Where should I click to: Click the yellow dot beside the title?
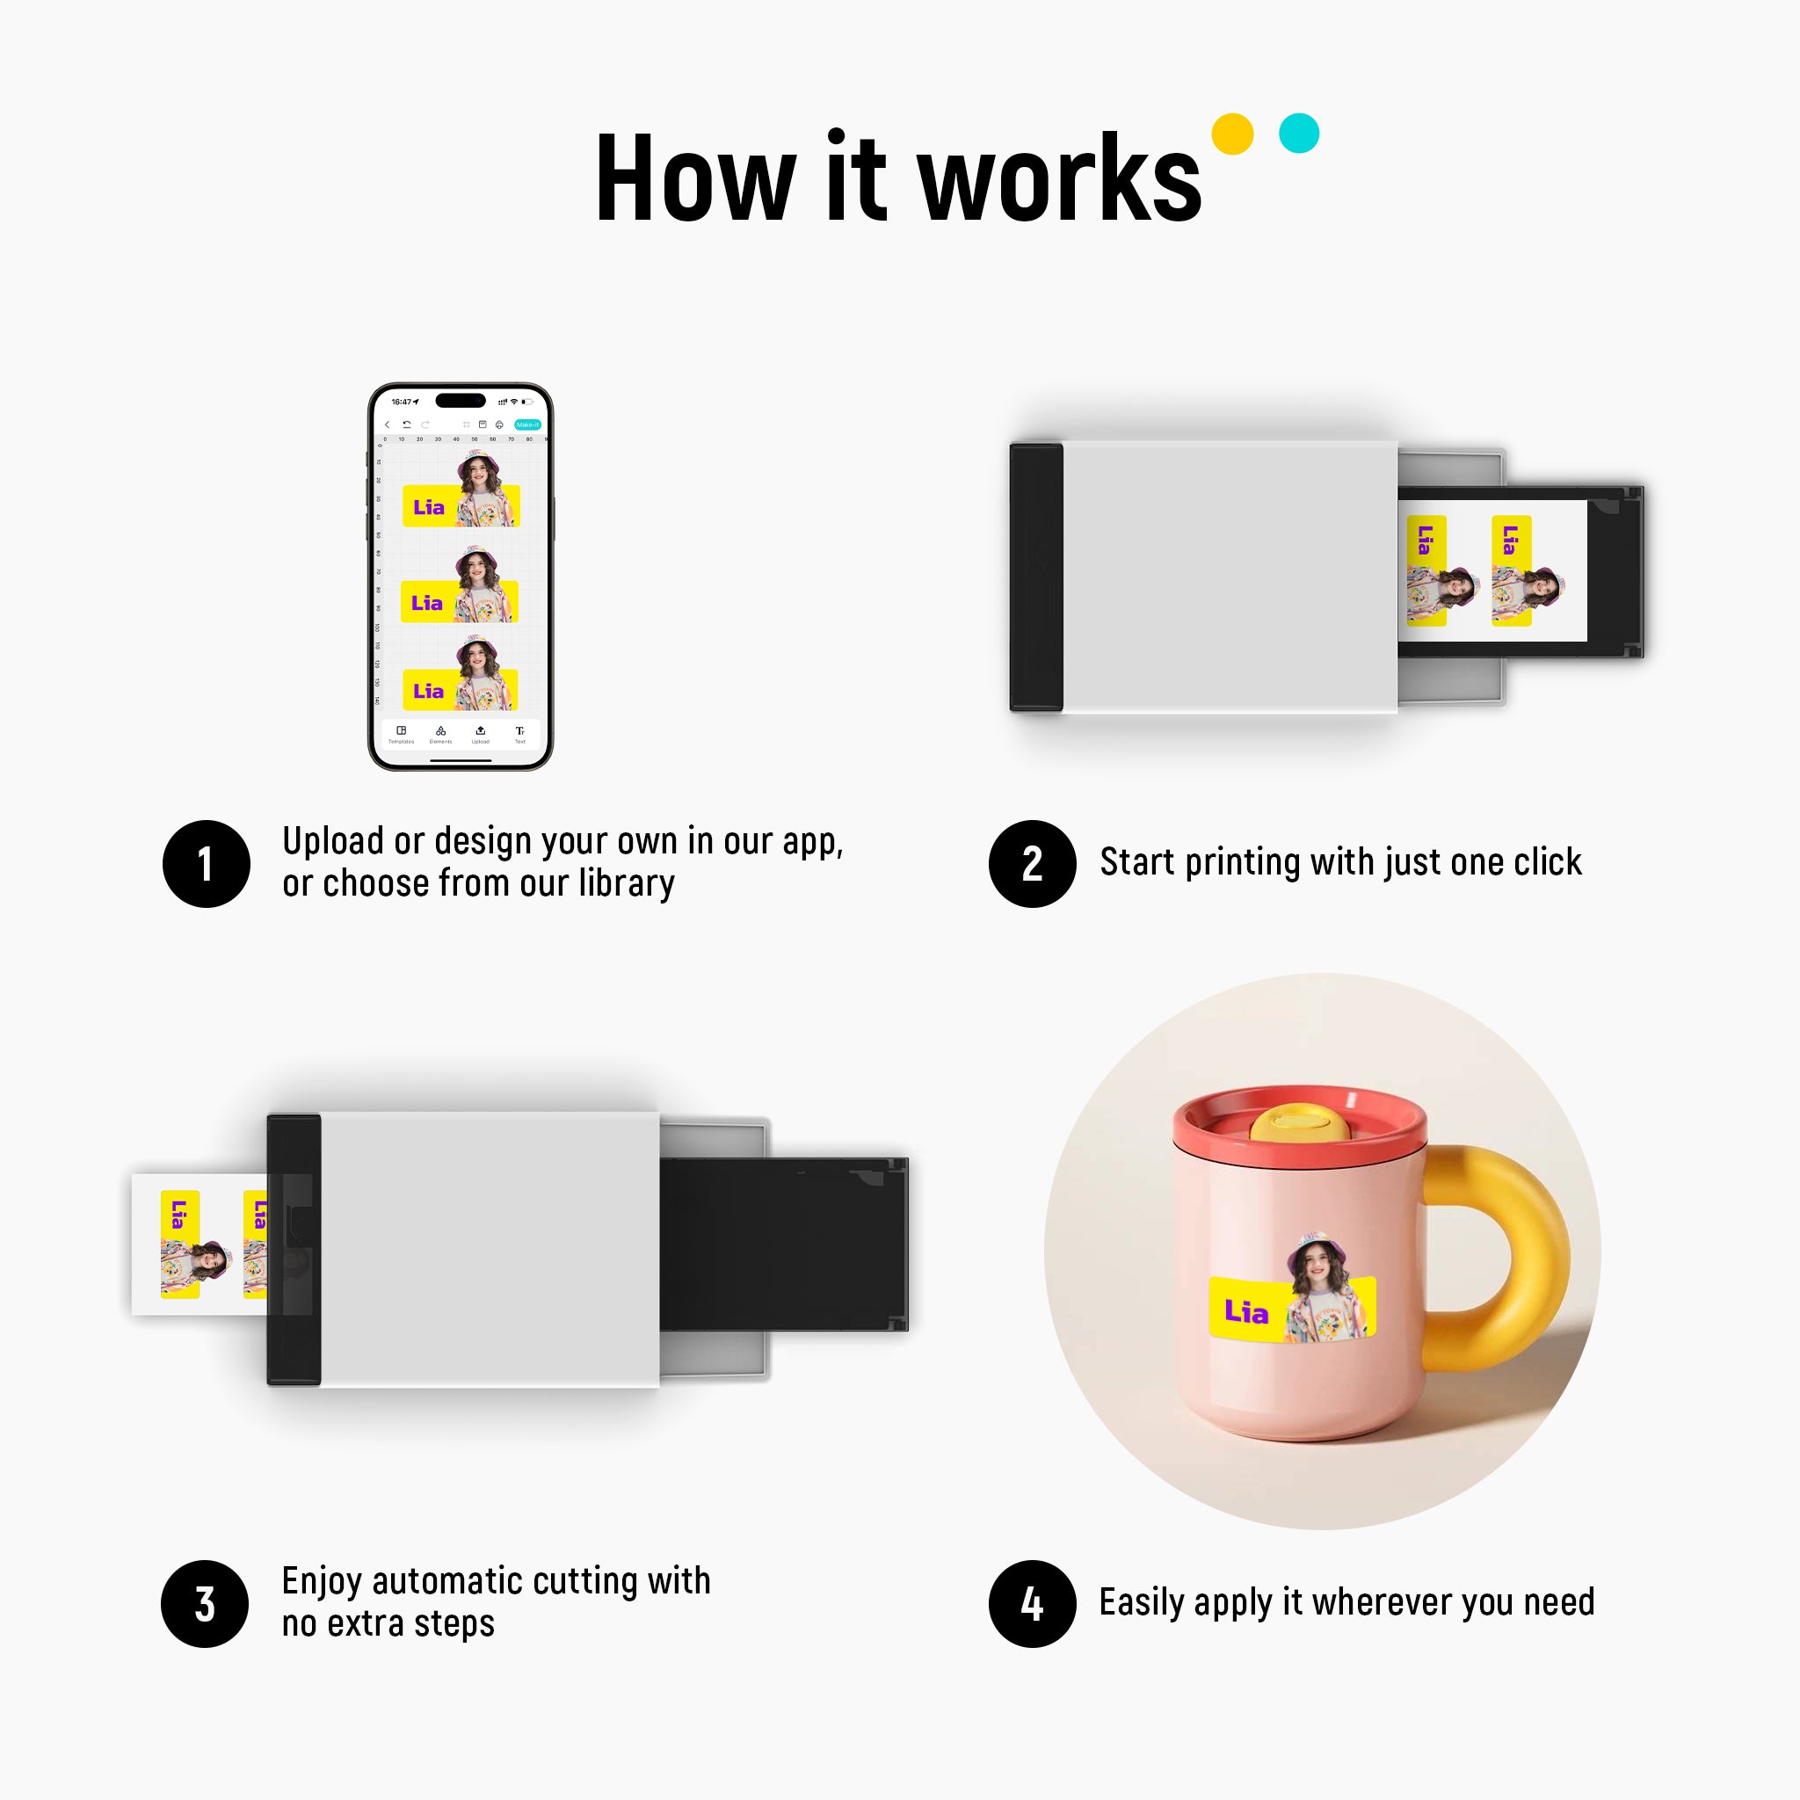pos(1231,134)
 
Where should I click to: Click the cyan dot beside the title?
pos(1299,134)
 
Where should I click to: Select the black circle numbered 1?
pos(206,864)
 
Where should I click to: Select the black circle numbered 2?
pos(1031,864)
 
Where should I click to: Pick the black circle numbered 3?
pos(205,1603)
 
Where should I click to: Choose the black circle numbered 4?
pos(1031,1603)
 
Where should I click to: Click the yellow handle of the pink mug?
pos(1528,1248)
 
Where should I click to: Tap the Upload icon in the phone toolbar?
pos(480,732)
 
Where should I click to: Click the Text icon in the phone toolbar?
pos(520,732)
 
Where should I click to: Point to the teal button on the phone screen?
pos(527,425)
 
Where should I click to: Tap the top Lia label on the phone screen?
pos(429,507)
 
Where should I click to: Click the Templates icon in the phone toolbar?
pos(402,732)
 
